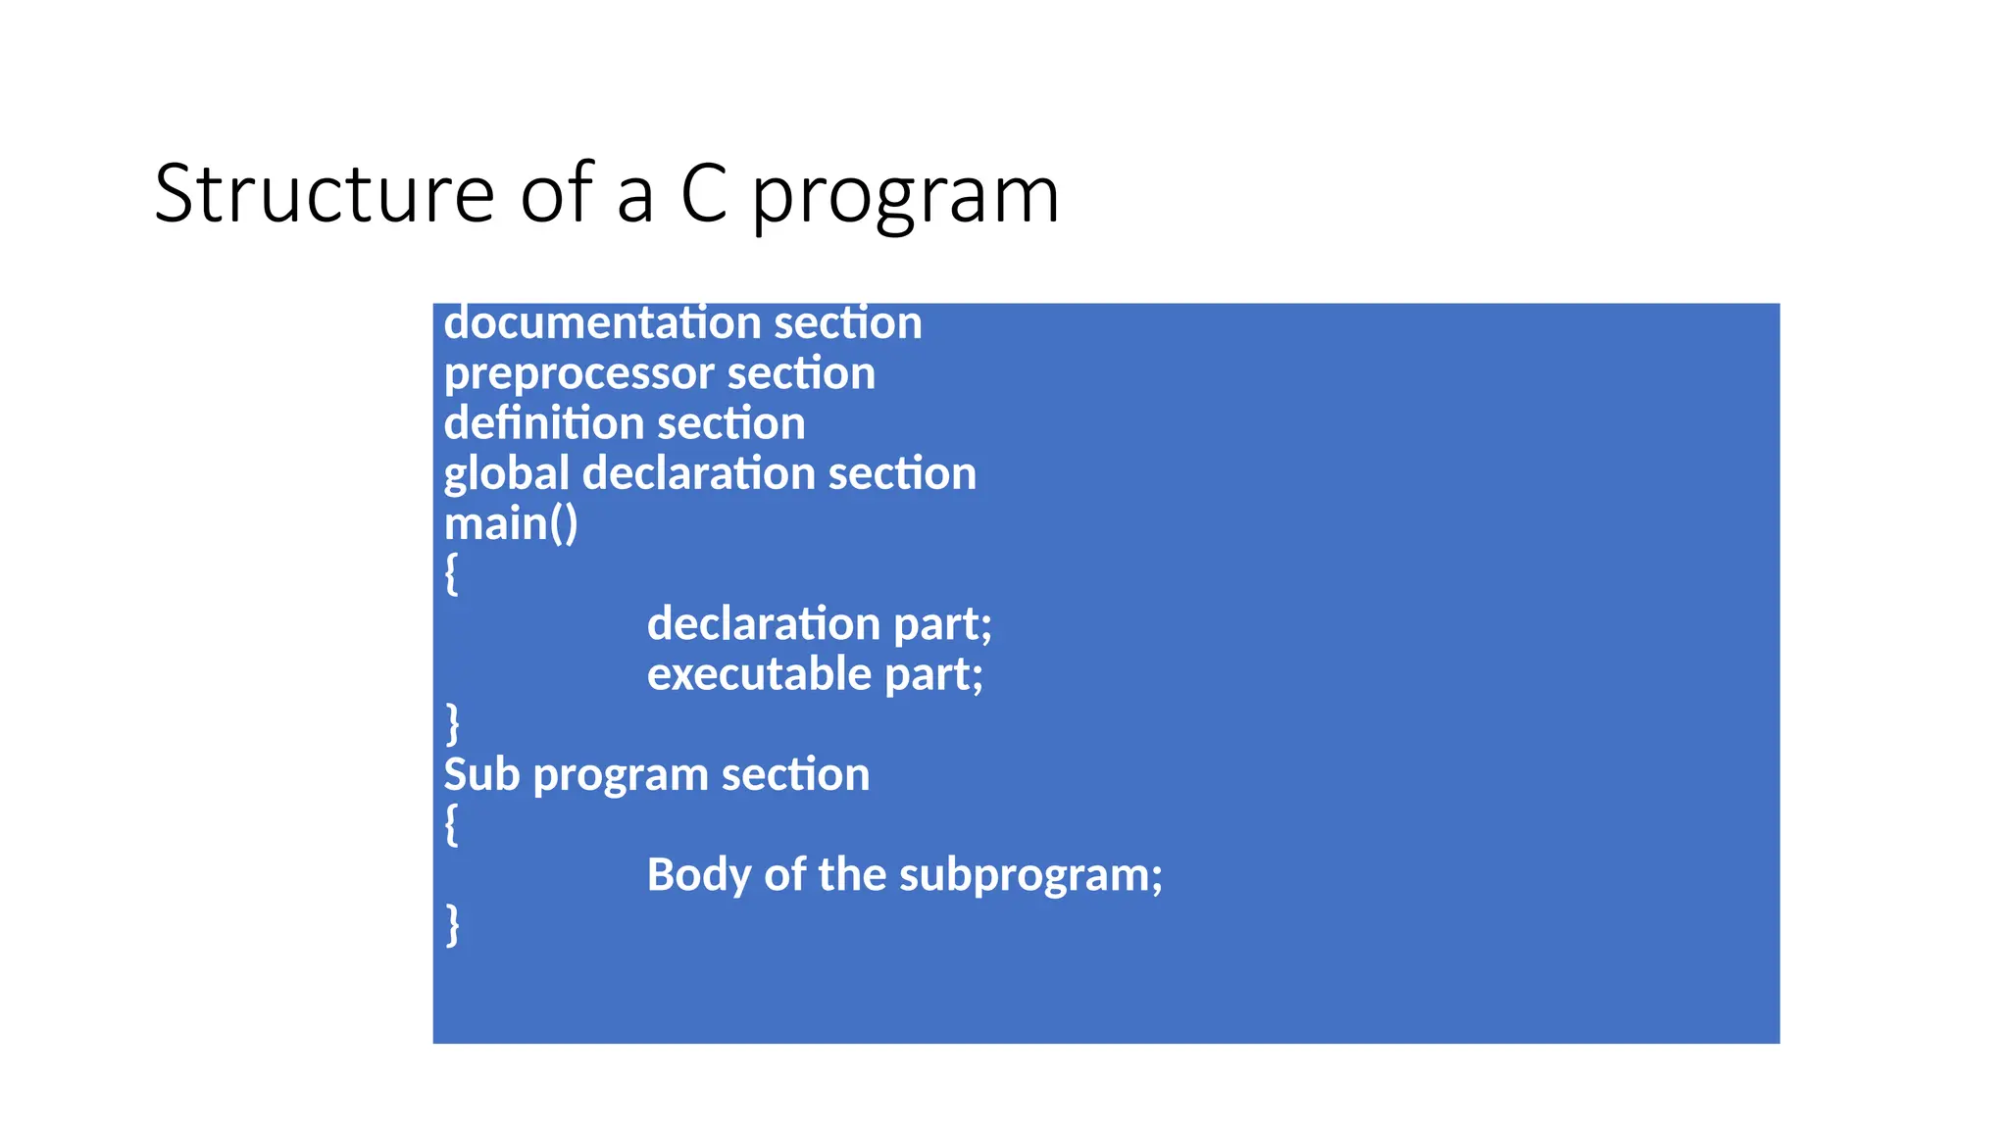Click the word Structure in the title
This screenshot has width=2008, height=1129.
tap(324, 194)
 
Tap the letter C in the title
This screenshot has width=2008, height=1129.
tap(704, 194)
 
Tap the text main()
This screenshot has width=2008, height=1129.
tap(511, 524)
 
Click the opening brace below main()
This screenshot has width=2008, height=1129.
tap(451, 574)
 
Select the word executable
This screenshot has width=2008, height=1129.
tap(759, 674)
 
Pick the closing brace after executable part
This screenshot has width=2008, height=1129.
tap(452, 724)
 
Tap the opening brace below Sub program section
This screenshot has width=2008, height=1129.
tap(451, 825)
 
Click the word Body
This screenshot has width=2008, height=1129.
tap(698, 875)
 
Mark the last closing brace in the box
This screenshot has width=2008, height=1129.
tap(452, 925)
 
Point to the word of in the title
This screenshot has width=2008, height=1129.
tap(556, 194)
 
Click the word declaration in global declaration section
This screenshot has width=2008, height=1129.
tap(698, 474)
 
